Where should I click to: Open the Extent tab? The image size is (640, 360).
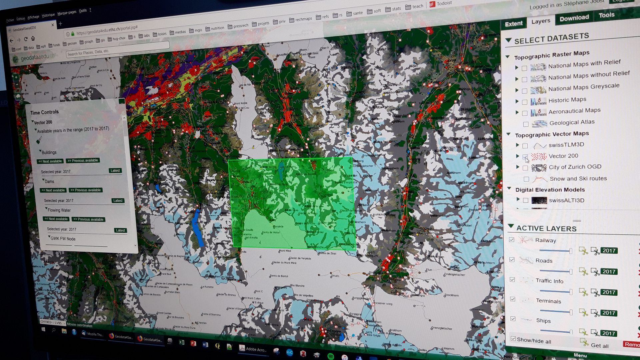point(514,24)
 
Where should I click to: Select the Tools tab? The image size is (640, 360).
point(606,15)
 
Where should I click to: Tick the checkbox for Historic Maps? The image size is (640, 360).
point(525,102)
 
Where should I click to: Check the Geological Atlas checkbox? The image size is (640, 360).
point(526,124)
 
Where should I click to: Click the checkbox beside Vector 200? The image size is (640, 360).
point(525,157)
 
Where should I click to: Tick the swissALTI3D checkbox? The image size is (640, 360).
point(526,200)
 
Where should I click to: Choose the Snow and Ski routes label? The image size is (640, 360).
point(578,179)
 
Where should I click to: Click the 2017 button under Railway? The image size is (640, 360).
point(609,251)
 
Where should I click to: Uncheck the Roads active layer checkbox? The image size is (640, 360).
point(512,260)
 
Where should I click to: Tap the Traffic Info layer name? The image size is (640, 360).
point(549,281)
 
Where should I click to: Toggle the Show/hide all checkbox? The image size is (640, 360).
point(513,339)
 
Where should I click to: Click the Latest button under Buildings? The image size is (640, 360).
point(115,171)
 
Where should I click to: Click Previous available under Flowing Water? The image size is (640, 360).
point(88,219)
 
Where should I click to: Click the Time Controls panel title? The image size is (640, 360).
point(44,112)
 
